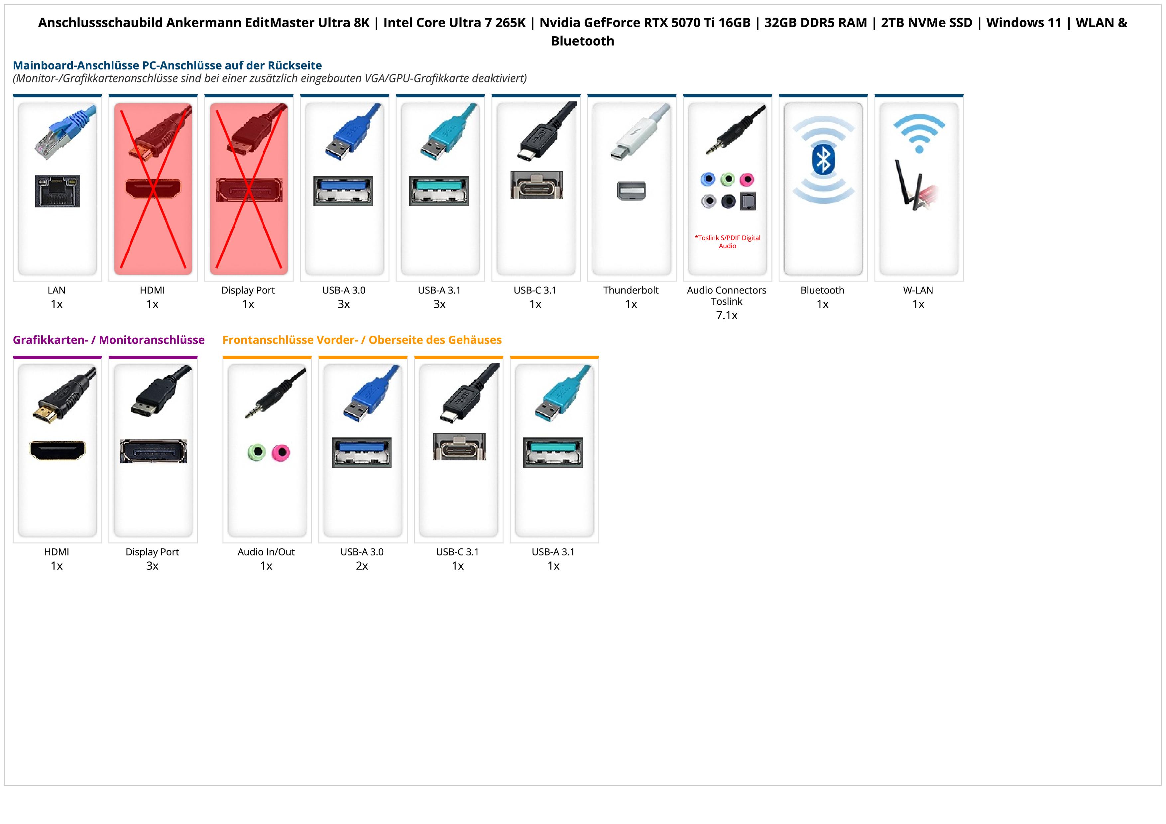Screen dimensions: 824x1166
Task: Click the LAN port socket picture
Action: (58, 191)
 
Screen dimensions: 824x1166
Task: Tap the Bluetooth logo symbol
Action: (823, 160)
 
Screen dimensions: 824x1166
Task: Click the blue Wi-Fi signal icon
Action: (919, 133)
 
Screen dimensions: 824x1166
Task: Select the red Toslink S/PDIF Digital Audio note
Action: (727, 242)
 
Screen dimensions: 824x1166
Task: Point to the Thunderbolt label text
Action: (631, 291)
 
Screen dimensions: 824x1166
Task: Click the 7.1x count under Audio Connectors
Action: (727, 315)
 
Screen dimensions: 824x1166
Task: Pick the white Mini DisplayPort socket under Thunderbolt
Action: (631, 191)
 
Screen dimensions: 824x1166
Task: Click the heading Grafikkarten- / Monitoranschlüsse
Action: (109, 340)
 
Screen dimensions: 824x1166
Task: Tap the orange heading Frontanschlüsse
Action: (362, 340)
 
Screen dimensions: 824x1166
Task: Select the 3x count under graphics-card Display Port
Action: (152, 566)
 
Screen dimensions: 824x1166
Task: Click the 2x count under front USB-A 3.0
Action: (362, 566)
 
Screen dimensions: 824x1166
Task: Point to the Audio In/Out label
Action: (266, 552)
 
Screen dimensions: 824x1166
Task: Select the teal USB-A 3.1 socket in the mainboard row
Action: (439, 191)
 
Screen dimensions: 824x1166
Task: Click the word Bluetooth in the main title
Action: (582, 41)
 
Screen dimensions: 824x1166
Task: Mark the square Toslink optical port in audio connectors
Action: (749, 201)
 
